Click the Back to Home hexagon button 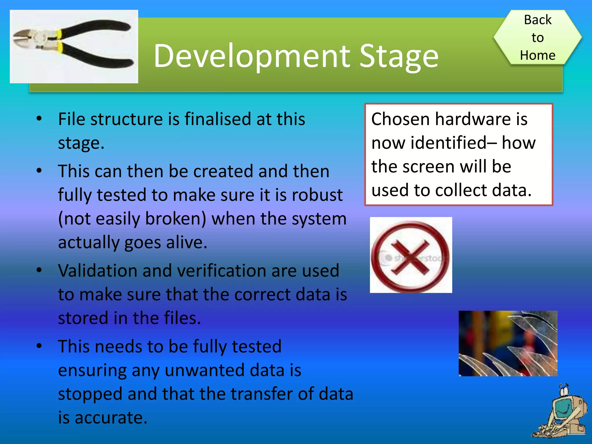tap(537, 37)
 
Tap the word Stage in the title tap(399, 57)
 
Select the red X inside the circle tap(410, 257)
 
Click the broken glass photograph tap(508, 343)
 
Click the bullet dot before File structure tap(39, 119)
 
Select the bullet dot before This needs tap(39, 346)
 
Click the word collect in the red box tap(461, 190)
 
